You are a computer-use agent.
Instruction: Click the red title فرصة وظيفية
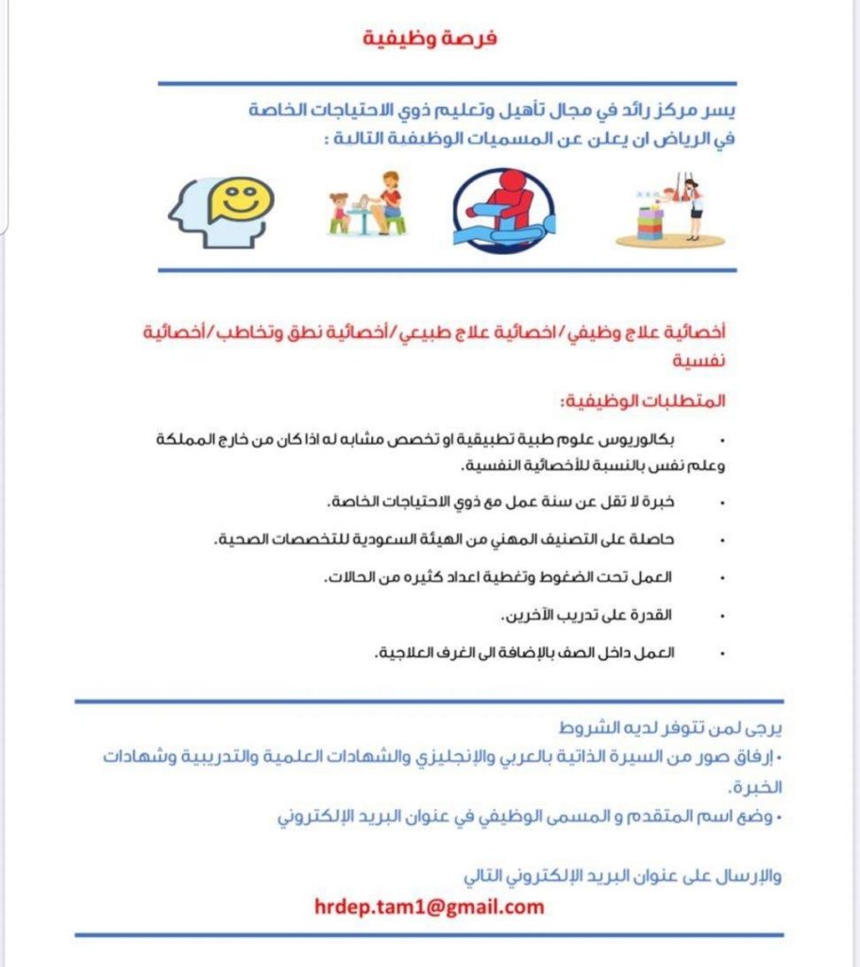pos(430,40)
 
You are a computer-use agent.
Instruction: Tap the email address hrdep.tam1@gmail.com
pos(430,908)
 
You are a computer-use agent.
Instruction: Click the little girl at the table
pos(339,212)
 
